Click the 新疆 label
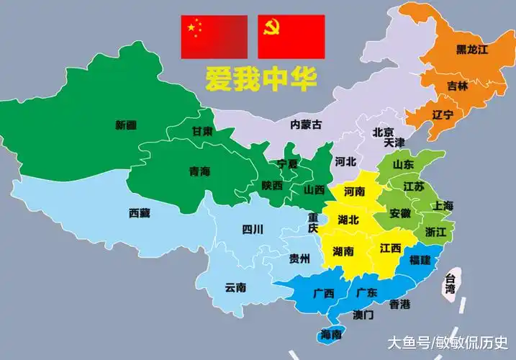[125, 125]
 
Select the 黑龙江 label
[471, 50]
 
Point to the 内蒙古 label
[306, 124]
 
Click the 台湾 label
[451, 284]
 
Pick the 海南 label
[330, 335]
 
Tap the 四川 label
[252, 230]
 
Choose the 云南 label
[235, 287]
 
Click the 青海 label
[199, 171]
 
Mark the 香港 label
[399, 305]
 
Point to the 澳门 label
[363, 315]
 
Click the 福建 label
[420, 258]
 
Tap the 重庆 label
[313, 222]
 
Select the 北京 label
[383, 132]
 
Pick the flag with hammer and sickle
[291, 36]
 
